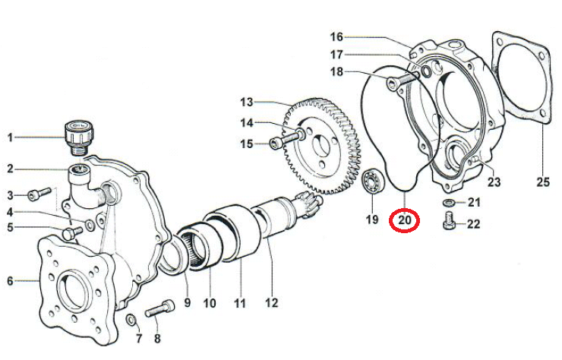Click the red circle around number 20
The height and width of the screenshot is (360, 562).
[404, 220]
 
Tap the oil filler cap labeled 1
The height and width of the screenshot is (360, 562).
[78, 138]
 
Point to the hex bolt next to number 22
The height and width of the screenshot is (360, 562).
[449, 221]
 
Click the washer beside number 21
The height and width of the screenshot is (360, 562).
[448, 203]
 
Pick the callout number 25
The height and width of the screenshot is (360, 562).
[543, 182]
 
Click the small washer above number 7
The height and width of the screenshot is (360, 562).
[131, 320]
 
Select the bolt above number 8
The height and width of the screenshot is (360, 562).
[159, 308]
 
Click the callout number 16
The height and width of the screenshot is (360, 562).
[336, 36]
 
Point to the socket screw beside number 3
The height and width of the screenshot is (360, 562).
[39, 193]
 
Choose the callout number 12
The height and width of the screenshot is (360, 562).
[271, 303]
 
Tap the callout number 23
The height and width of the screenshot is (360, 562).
[494, 182]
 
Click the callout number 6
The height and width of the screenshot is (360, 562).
[10, 281]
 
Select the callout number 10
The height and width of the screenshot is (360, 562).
[210, 303]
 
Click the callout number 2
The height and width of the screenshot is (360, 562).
[10, 169]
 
